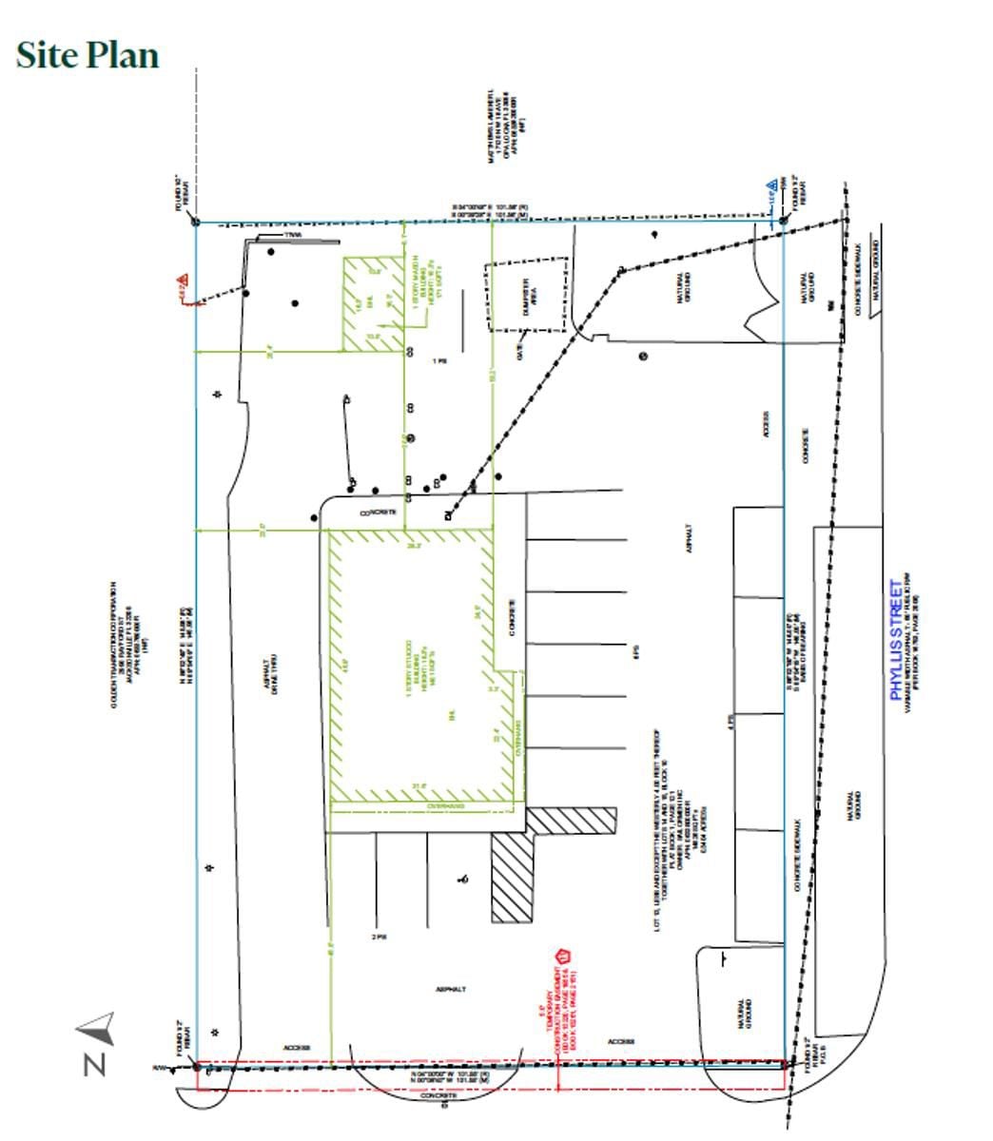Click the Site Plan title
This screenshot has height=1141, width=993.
pyautogui.click(x=88, y=56)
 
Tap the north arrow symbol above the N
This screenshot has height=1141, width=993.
pyautogui.click(x=98, y=1028)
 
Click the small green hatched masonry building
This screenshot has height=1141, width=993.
pyautogui.click(x=372, y=303)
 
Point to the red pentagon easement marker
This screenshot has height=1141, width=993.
pyautogui.click(x=562, y=957)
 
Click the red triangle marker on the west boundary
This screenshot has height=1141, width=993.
pyautogui.click(x=181, y=282)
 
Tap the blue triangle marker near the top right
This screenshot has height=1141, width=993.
pyautogui.click(x=773, y=189)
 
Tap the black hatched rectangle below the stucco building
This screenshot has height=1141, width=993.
pyautogui.click(x=512, y=877)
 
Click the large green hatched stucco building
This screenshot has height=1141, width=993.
pyautogui.click(x=419, y=666)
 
